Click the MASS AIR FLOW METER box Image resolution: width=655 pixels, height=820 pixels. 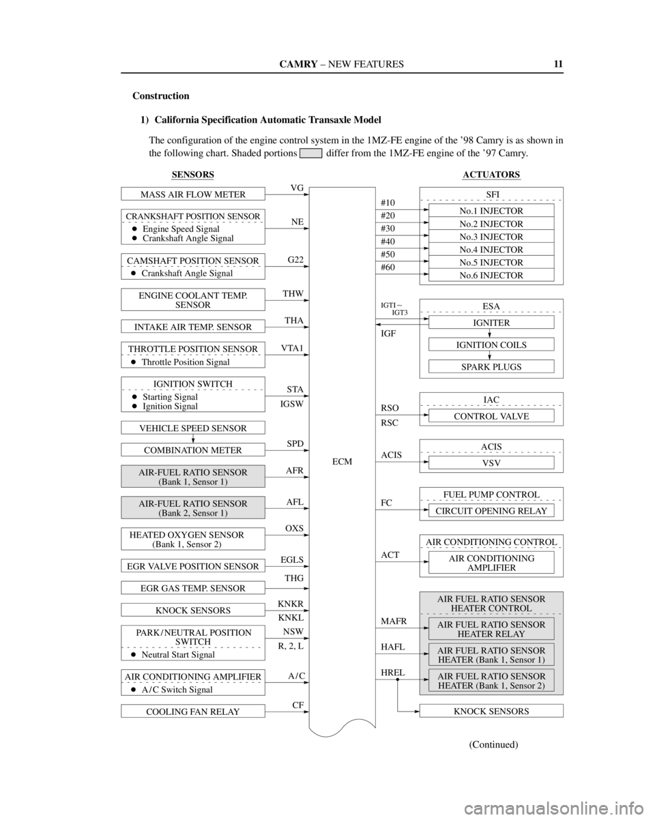coord(193,194)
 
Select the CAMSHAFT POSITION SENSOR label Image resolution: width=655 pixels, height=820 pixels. coord(193,261)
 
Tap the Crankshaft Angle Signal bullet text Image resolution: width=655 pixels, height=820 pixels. coord(187,274)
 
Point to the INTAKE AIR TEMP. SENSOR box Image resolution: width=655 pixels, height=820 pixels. coord(193,326)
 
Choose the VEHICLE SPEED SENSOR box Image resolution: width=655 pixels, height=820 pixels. coord(193,428)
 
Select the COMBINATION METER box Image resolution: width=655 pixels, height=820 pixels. coord(193,450)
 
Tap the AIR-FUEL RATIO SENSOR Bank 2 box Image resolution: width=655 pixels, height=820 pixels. coord(193,508)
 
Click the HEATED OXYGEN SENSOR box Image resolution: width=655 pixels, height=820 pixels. coord(193,539)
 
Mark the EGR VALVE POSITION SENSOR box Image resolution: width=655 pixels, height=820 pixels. coord(193,566)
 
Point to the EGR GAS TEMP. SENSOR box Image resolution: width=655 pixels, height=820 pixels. coord(193,588)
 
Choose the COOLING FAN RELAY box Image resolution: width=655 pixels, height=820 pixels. coord(193,712)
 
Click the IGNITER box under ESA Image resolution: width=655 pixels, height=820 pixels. coord(491,323)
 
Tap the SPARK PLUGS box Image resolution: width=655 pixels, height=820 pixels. coord(491,367)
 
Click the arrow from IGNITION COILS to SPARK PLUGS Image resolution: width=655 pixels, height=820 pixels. coord(490,355)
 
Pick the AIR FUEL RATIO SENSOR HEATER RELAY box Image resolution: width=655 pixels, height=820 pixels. coord(491,629)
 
